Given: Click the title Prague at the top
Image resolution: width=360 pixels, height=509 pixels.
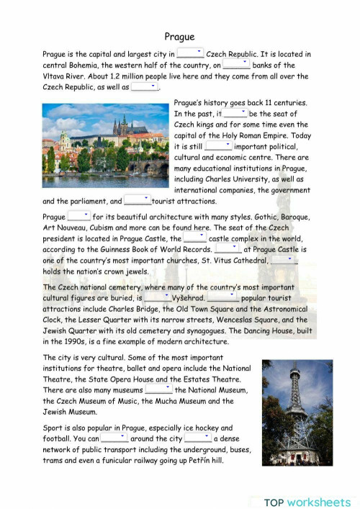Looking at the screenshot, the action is pos(179,36).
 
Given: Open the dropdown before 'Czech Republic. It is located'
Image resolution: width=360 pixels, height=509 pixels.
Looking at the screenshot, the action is pos(191,53).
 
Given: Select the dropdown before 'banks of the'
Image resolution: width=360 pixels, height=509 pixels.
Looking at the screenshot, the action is pos(236,64).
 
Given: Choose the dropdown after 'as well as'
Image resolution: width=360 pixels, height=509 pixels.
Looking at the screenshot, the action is pos(144,86).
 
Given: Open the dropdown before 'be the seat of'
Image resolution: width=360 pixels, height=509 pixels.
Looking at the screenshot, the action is pos(235,113).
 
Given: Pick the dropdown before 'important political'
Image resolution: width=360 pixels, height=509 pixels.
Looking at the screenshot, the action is pos(218,145).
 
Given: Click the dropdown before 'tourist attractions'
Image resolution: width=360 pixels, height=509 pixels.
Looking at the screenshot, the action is pos(137,201).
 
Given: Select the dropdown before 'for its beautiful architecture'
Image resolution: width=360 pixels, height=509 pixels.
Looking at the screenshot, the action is pos(78,216).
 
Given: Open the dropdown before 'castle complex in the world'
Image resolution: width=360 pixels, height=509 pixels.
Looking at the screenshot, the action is pos(194,238).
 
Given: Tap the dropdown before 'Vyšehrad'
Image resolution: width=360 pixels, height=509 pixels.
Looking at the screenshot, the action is pos(157,297).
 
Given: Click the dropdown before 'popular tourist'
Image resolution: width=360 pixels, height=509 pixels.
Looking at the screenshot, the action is pos(222,297).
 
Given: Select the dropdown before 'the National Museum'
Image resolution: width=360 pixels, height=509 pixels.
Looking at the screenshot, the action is pos(158,389).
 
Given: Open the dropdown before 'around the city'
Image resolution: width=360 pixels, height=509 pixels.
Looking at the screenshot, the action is pos(114,438).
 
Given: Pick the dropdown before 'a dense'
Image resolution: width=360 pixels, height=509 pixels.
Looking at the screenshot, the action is pos(197,438).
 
